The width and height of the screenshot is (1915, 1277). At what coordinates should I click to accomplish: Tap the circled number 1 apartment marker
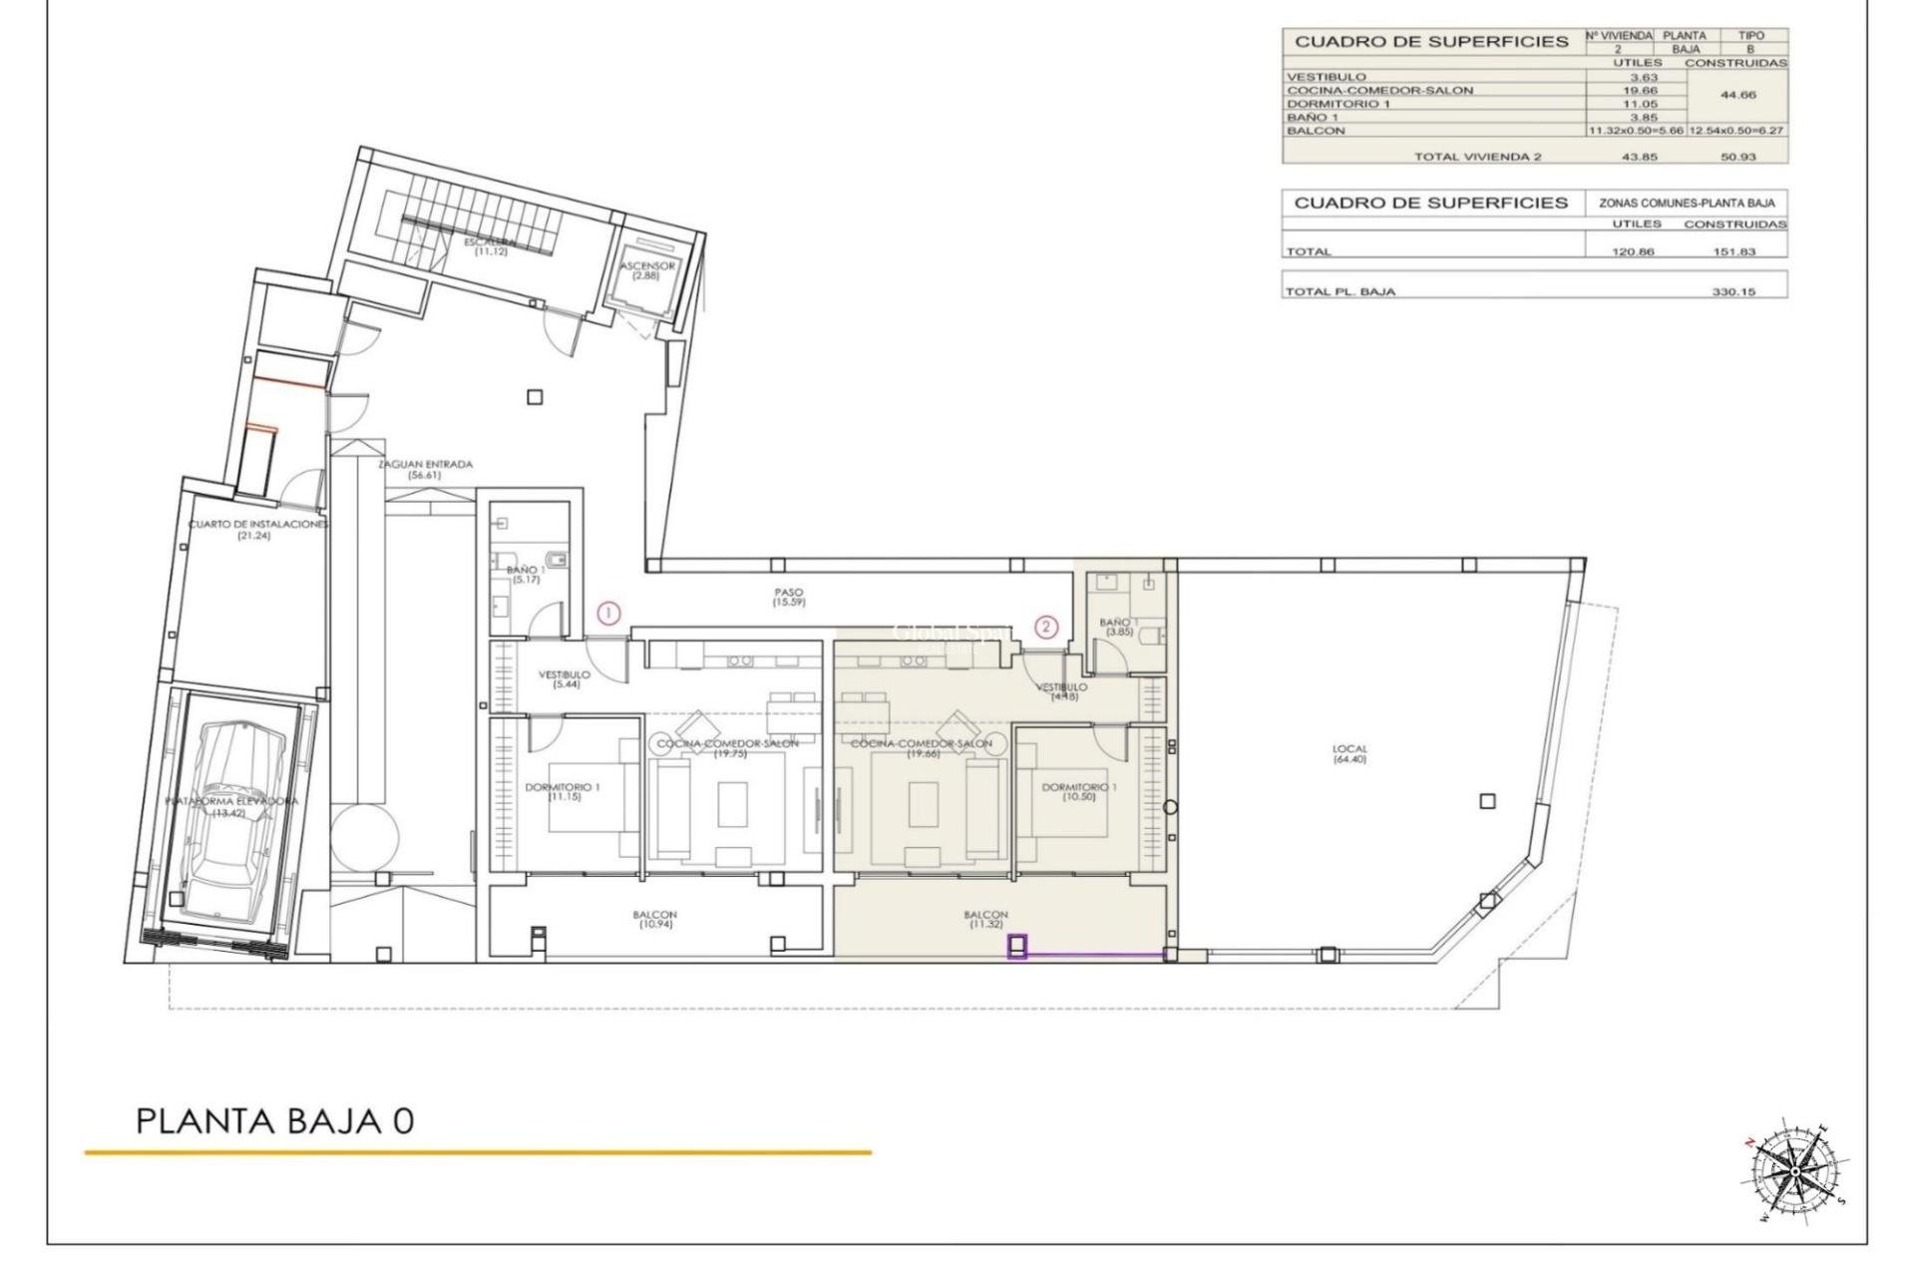tap(608, 614)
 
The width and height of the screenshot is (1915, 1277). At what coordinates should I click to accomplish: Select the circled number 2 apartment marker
tap(1045, 627)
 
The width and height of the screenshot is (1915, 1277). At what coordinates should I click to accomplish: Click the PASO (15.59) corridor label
tap(788, 598)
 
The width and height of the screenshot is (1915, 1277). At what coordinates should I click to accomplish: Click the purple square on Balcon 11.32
tap(1017, 946)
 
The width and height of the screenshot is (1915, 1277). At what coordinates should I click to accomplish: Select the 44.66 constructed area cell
tap(1735, 95)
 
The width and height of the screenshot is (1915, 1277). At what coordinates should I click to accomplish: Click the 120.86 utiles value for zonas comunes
tap(1633, 251)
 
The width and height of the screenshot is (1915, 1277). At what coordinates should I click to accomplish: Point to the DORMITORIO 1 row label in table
tap(1338, 104)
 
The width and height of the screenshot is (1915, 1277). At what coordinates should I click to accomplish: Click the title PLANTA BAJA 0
tap(274, 1120)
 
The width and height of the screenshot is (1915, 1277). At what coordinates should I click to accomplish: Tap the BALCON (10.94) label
tap(654, 919)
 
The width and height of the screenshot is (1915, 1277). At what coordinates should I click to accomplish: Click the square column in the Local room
tap(1487, 801)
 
